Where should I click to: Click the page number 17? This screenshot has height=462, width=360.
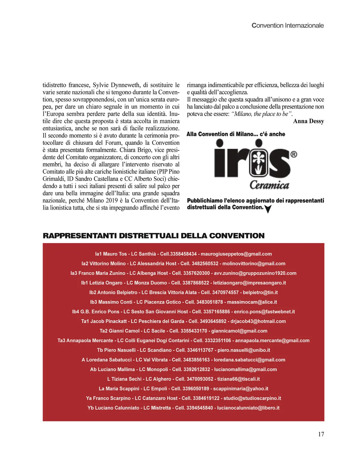click(321, 434)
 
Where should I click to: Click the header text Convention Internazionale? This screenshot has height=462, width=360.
click(287, 25)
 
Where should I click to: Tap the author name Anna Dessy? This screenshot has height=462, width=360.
click(308, 121)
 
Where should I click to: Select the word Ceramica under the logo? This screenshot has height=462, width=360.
click(269, 185)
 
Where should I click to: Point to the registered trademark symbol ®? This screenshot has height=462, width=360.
click(294, 154)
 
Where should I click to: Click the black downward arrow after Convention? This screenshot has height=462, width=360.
click(268, 209)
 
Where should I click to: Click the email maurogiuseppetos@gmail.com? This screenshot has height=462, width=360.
click(236, 254)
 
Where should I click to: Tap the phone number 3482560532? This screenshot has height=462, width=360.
click(205, 264)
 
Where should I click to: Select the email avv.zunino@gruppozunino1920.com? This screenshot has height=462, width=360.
click(255, 273)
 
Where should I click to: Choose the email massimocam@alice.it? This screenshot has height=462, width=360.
click(252, 302)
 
